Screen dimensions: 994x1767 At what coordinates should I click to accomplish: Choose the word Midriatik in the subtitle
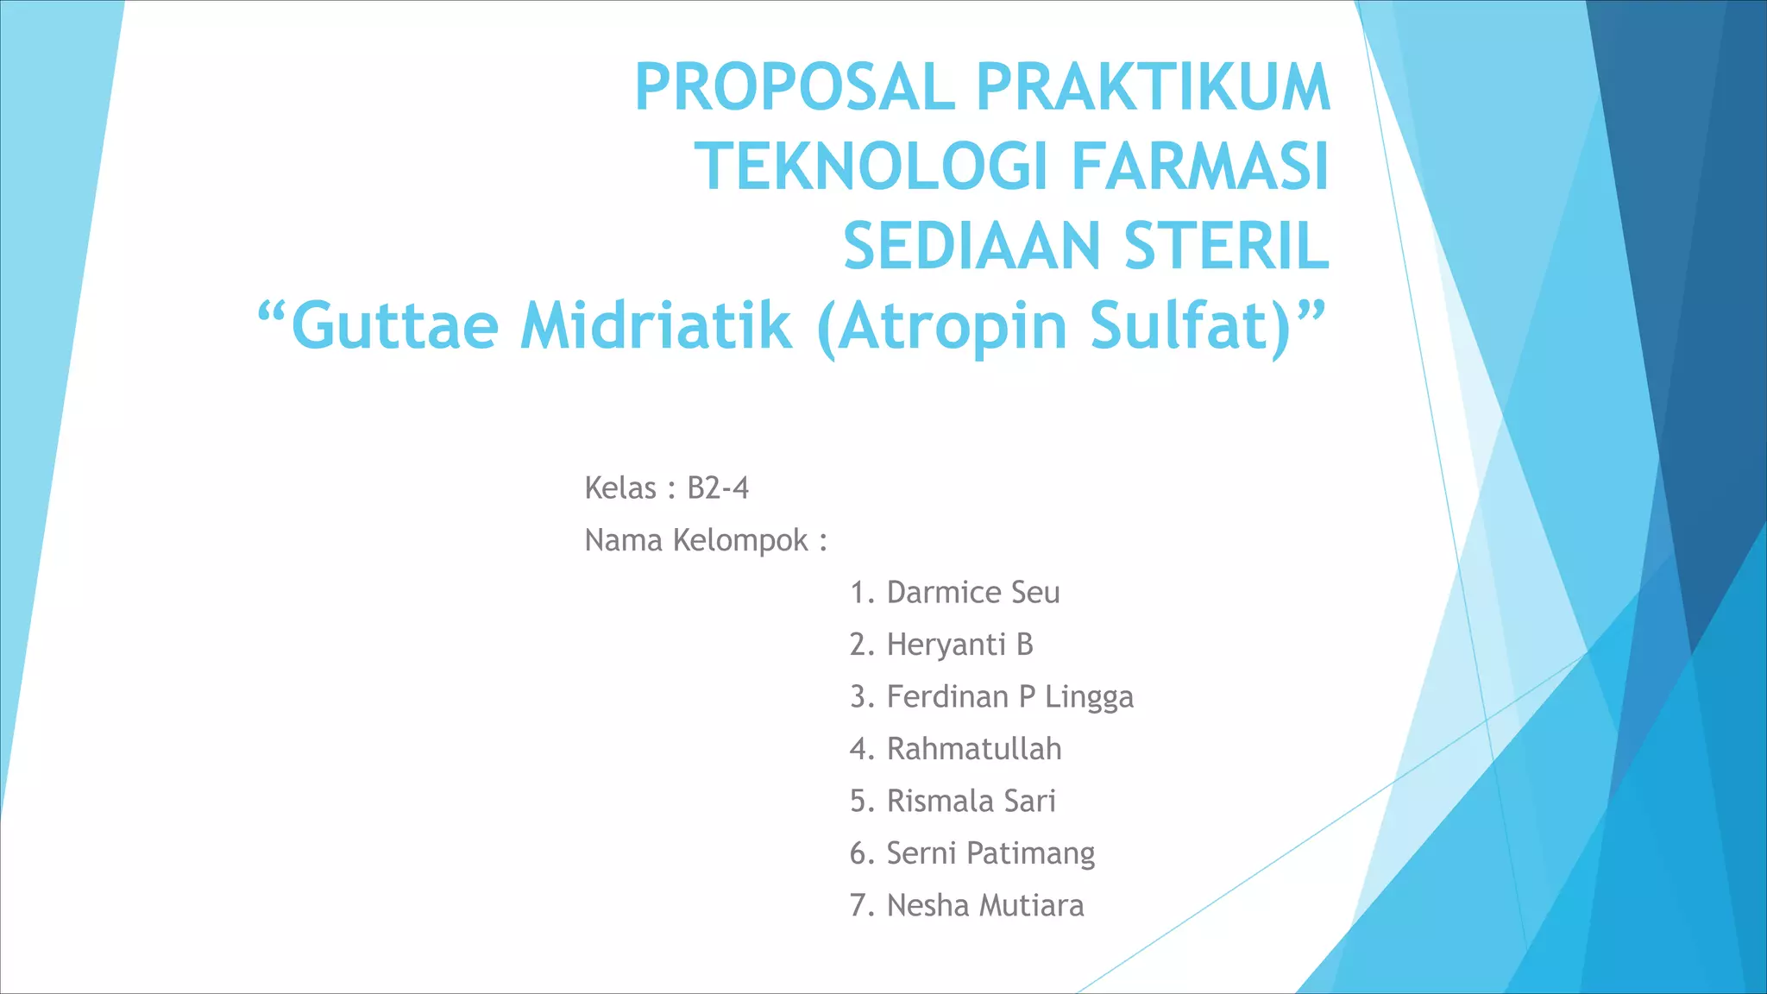(656, 326)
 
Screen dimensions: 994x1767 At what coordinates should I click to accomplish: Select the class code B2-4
(718, 488)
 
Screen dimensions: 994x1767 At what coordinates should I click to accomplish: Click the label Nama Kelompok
(696, 541)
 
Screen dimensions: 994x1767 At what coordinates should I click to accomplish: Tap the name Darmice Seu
(973, 593)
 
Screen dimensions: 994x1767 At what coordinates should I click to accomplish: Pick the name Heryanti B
(959, 645)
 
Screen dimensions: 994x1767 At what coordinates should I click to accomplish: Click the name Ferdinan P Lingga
(1009, 697)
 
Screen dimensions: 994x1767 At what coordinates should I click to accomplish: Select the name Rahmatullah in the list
(974, 749)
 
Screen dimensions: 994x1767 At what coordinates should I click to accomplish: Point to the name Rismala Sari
(971, 802)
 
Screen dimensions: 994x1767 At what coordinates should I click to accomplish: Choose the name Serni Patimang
(990, 853)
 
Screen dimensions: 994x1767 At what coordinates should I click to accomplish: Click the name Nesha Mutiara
(985, 906)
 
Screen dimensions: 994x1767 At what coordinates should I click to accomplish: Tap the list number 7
(858, 906)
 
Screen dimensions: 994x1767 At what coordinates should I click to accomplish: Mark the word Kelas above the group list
(620, 488)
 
